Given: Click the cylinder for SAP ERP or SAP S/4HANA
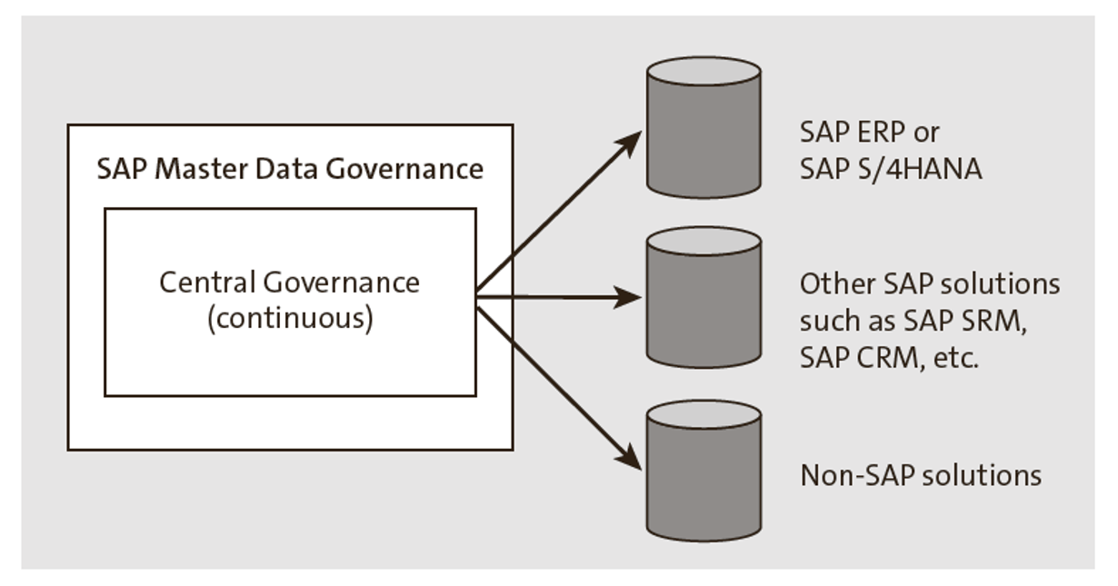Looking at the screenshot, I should (x=703, y=136).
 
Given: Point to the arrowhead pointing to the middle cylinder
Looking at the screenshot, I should (x=630, y=297).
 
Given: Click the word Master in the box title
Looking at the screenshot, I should (x=190, y=169).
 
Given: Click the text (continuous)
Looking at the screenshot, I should (x=290, y=320).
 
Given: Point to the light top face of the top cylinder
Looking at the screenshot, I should (x=703, y=72).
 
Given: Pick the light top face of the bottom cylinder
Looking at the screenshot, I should (x=703, y=414).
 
